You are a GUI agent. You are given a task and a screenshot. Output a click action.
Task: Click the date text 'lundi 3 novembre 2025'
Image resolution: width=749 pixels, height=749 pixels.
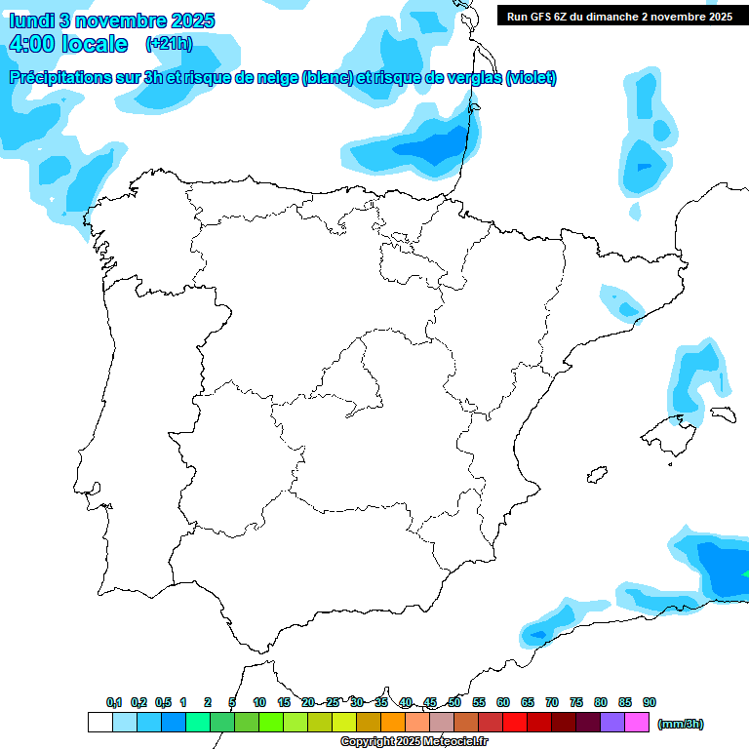pyautogui.click(x=111, y=20)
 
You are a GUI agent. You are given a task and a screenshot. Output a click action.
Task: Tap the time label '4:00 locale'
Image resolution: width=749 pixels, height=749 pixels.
pyautogui.click(x=67, y=44)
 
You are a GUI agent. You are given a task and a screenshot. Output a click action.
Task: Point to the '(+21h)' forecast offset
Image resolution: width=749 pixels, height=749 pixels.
pyautogui.click(x=169, y=43)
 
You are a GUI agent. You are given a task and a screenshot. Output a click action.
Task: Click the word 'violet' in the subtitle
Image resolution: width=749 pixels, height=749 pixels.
pyautogui.click(x=531, y=78)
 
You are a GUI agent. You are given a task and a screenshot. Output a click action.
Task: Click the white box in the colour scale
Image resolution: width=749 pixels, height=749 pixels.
pyautogui.click(x=99, y=723)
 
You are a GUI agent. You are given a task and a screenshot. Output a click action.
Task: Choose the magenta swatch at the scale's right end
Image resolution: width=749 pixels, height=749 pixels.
pyautogui.click(x=637, y=723)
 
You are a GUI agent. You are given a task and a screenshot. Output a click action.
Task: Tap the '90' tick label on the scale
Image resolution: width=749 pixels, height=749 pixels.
pyautogui.click(x=650, y=702)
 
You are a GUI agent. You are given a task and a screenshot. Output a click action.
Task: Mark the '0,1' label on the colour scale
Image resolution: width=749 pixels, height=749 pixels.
pyautogui.click(x=114, y=702)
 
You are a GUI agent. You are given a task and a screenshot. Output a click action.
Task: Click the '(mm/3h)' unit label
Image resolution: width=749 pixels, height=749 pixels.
pyautogui.click(x=681, y=724)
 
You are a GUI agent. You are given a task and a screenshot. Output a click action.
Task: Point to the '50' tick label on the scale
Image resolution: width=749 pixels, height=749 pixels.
pyautogui.click(x=454, y=702)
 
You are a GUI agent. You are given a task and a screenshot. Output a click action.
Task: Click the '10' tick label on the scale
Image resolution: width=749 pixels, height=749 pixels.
pyautogui.click(x=259, y=702)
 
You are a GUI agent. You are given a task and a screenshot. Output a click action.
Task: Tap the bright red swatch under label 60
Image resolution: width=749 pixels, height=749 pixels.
pyautogui.click(x=515, y=723)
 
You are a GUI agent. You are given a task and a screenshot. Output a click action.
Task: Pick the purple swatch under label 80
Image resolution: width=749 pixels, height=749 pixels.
pyautogui.click(x=612, y=723)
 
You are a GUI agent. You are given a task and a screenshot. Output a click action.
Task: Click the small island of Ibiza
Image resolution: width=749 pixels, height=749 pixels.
pyautogui.click(x=594, y=476)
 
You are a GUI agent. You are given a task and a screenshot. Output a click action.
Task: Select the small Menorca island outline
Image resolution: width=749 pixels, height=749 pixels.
pyautogui.click(x=723, y=414)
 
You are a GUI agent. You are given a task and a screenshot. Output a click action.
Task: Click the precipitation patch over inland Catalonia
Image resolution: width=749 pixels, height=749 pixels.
pyautogui.click(x=621, y=303)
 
